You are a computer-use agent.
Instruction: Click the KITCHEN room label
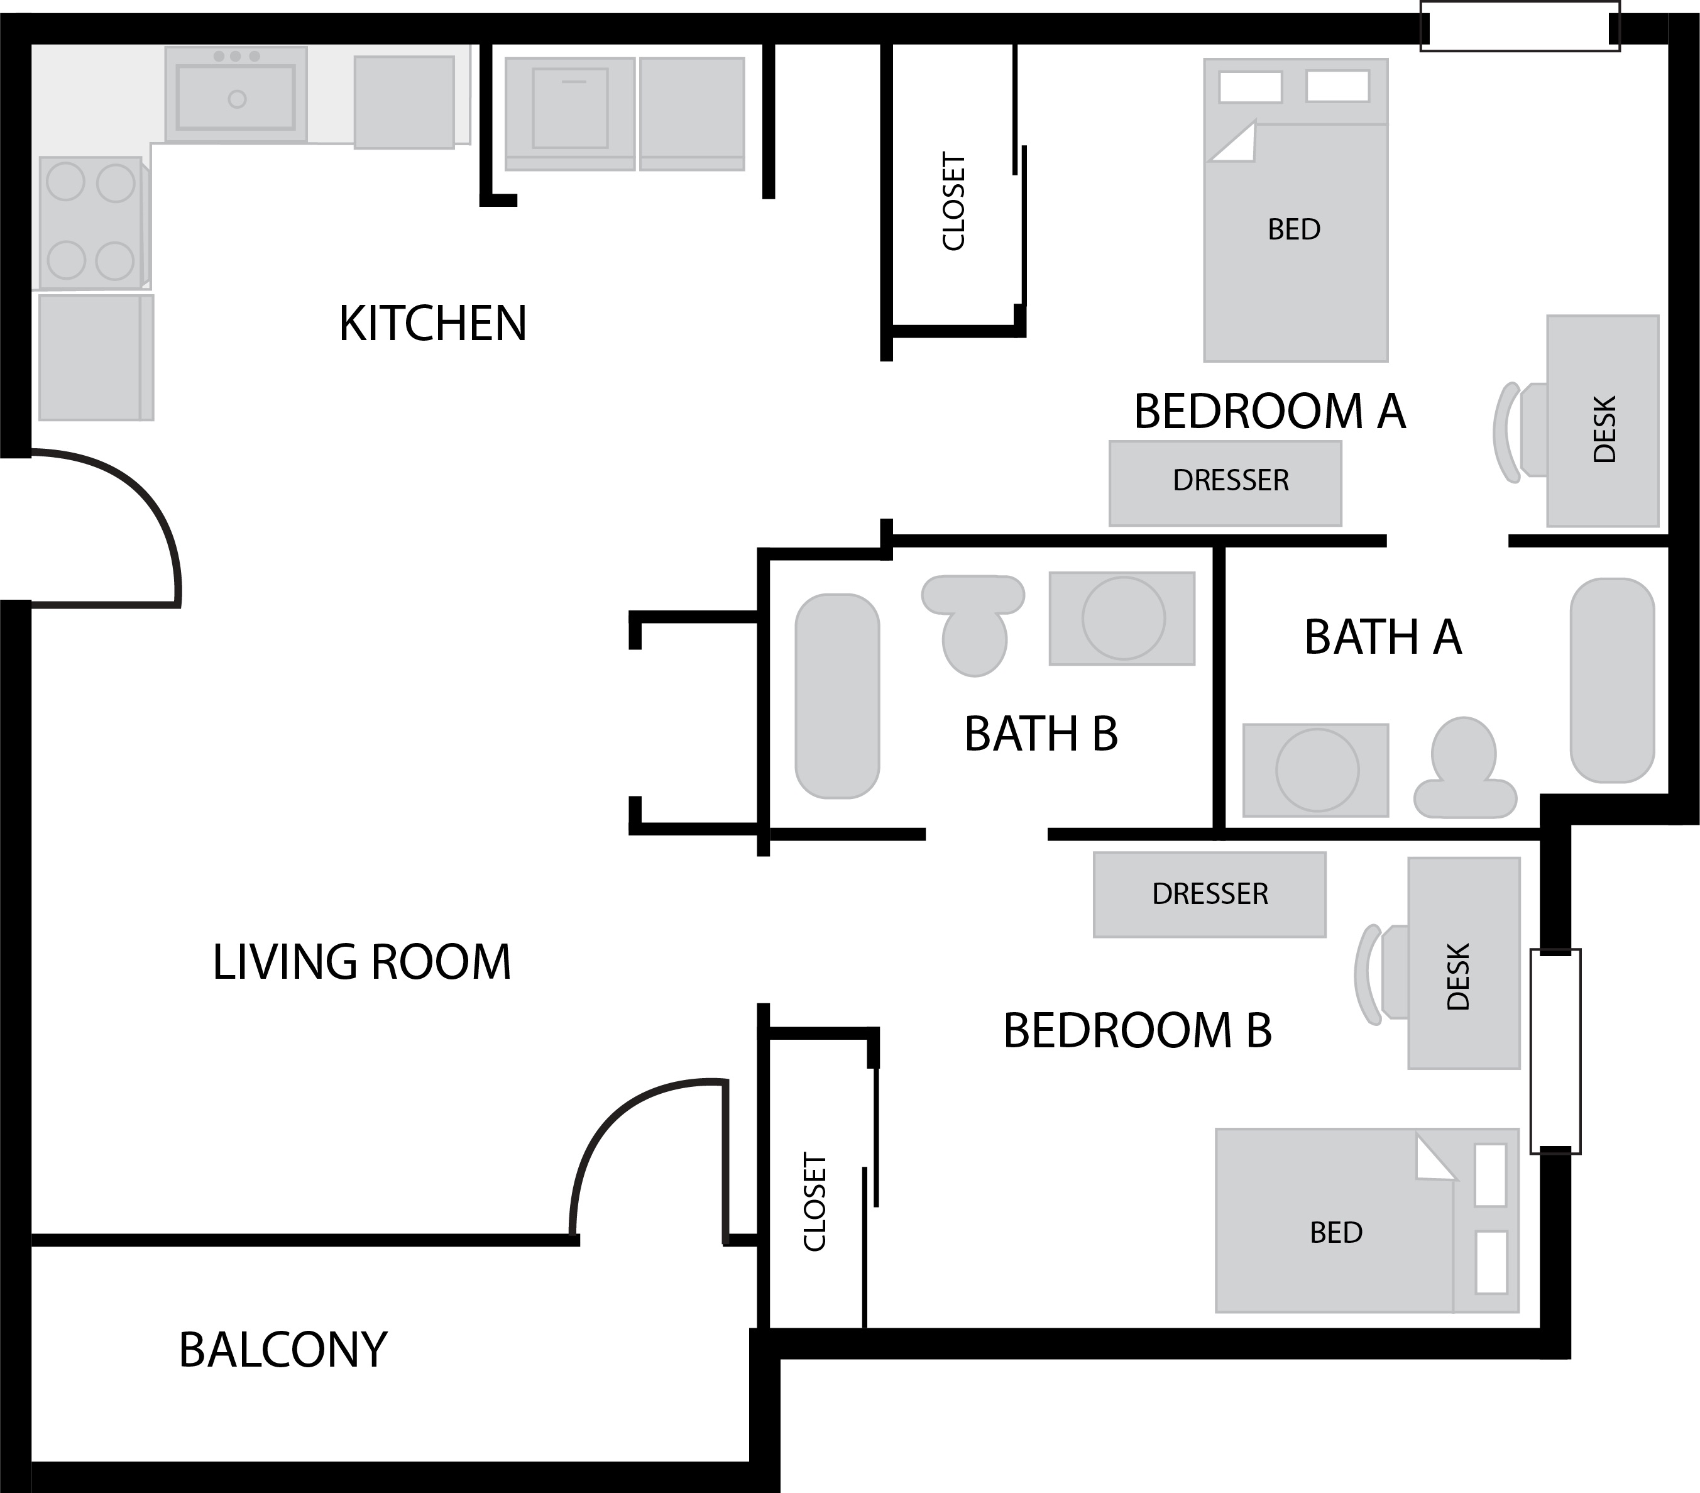(432, 324)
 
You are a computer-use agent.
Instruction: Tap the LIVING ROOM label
(362, 962)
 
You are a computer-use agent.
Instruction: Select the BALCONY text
(283, 1349)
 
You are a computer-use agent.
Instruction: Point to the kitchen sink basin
(236, 98)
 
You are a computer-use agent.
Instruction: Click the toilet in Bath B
(973, 625)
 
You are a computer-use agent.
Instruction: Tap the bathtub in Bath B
(836, 696)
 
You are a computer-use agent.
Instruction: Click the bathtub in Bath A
(1612, 680)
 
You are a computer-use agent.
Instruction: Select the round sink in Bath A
(1317, 770)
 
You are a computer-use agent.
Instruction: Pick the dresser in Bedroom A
(1225, 483)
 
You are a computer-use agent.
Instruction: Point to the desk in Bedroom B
(1464, 963)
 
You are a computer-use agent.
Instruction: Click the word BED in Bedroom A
(1294, 229)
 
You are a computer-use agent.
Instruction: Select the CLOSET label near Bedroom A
(953, 201)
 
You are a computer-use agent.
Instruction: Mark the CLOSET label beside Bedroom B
(815, 1202)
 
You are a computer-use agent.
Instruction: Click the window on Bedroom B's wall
(1555, 1051)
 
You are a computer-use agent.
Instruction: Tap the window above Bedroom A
(1520, 26)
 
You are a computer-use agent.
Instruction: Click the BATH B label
(1041, 734)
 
